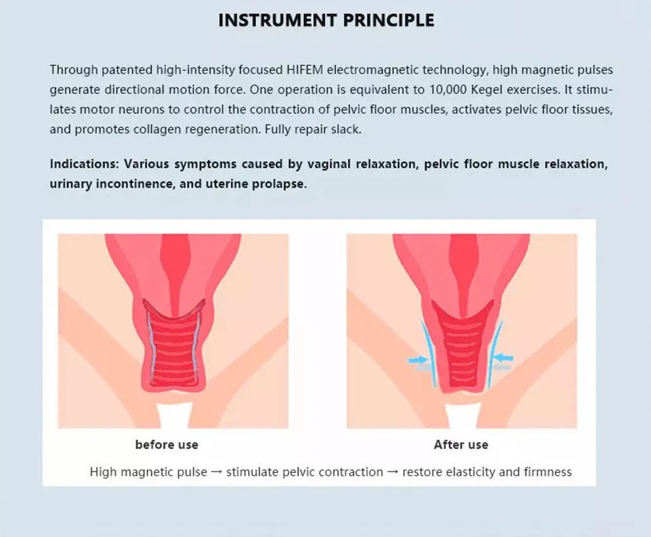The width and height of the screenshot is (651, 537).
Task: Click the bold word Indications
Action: pos(85,165)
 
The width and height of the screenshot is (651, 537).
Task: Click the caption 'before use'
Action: pos(166,444)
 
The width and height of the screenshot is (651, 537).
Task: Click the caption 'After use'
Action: pos(461,444)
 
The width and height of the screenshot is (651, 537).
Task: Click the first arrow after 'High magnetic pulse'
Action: pos(217,472)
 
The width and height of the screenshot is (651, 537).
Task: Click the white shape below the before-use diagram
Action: pos(172,416)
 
